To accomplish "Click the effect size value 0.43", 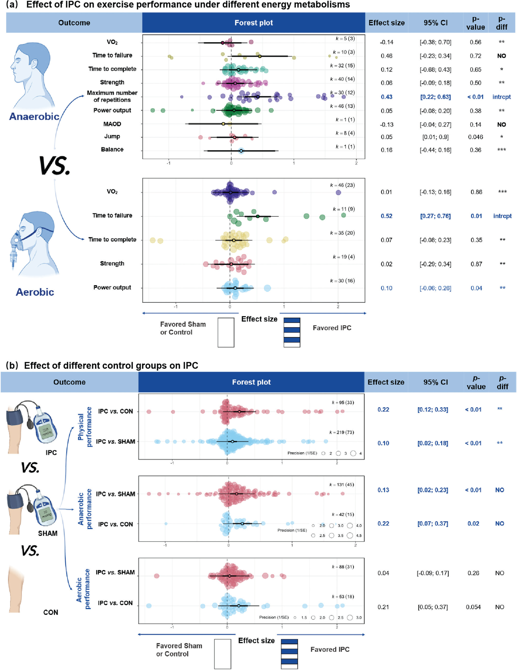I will [x=386, y=97].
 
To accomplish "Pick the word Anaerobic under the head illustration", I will [x=34, y=117].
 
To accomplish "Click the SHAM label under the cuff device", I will [x=48, y=533].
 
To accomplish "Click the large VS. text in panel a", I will [x=55, y=166].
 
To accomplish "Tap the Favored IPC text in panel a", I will [x=332, y=328].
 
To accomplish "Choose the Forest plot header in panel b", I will [x=251, y=382].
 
